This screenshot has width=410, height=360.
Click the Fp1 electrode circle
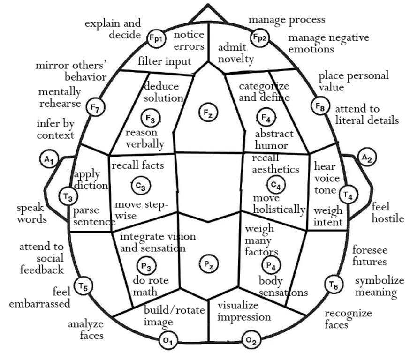(156, 38)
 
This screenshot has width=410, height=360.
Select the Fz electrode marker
(207, 112)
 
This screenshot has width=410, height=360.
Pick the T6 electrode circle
(333, 284)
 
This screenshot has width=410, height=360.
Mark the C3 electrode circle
(141, 186)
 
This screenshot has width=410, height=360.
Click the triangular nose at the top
(207, 14)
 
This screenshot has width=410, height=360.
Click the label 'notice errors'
(189, 40)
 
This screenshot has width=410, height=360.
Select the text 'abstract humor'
(274, 139)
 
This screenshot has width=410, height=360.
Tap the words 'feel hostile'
(387, 212)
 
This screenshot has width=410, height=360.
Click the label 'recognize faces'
(348, 318)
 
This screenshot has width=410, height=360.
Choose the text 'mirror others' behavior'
(71, 71)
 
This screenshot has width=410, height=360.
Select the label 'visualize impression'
(244, 311)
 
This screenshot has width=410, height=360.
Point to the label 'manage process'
(287, 20)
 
